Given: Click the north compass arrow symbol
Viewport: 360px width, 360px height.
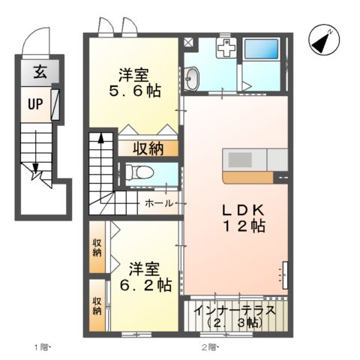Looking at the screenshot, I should pyautogui.click(x=322, y=40).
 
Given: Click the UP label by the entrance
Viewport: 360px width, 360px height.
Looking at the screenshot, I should pyautogui.click(x=35, y=104).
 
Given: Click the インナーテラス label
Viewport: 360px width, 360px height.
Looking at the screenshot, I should pyautogui.click(x=234, y=310).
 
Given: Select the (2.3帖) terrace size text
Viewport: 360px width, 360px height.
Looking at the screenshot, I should pyautogui.click(x=234, y=323).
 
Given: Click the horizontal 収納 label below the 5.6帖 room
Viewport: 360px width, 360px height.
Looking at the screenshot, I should pyautogui.click(x=149, y=148).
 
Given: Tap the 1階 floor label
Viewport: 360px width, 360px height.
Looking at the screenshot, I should pyautogui.click(x=40, y=347).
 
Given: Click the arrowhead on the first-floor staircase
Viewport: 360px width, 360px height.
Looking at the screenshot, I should pyautogui.click(x=34, y=175).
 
